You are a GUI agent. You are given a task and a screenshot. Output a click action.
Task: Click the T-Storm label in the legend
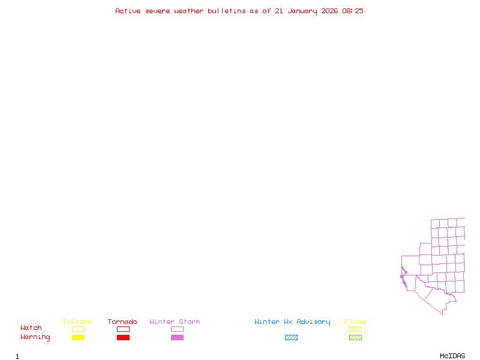pos(77,322)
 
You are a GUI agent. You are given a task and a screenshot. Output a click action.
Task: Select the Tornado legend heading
pos(122,322)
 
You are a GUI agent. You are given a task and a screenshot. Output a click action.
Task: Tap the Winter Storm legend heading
pos(175,322)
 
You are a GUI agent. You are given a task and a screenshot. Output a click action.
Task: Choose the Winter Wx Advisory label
pos(292,322)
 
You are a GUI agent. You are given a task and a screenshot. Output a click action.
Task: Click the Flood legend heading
pos(355,322)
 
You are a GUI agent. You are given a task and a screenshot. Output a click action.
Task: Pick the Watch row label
pos(31,328)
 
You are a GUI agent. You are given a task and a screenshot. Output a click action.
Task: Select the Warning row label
pos(35,337)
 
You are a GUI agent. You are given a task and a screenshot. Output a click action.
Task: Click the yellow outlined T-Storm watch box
pos(78,329)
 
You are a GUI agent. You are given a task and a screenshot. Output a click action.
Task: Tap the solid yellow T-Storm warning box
pos(78,337)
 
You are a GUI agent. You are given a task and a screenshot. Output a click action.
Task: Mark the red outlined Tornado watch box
pos(123,329)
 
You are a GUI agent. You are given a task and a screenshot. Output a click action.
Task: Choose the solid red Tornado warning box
pos(123,337)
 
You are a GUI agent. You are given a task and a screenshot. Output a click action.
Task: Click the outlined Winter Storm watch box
pos(177,329)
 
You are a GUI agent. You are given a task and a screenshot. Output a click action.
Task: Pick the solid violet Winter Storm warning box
pos(177,337)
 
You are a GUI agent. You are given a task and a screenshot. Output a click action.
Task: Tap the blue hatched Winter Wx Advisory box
pos(291,337)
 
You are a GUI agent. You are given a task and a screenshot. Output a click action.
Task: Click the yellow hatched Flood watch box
pos(355,329)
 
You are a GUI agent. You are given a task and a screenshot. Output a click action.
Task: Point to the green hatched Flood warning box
pos(355,337)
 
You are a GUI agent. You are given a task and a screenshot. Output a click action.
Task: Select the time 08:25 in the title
pos(353,11)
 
